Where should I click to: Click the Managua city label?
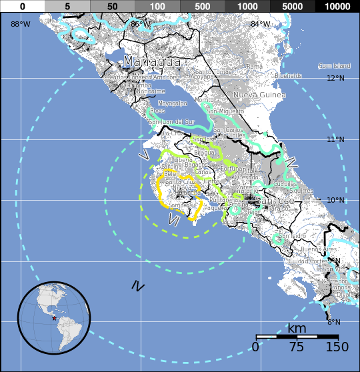pyautogui.click(x=152, y=62)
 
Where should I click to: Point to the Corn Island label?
pyautogui.click(x=334, y=66)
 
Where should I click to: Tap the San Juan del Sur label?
pyautogui.click(x=171, y=123)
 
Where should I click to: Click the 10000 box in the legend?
pyautogui.click(x=337, y=6)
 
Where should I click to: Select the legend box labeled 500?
pyautogui.click(x=202, y=6)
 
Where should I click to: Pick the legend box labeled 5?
pyautogui.click(x=67, y=6)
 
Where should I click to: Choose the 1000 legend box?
pyautogui.click(x=247, y=6)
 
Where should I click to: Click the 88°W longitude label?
pyautogui.click(x=20, y=24)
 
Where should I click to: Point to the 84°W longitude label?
pyautogui.click(x=261, y=24)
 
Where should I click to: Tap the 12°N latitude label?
pyautogui.click(x=336, y=78)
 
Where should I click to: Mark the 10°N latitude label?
pyautogui.click(x=336, y=200)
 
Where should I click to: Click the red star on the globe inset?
pyautogui.click(x=54, y=319)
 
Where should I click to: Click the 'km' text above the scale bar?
pyautogui.click(x=297, y=328)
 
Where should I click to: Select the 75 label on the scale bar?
pyautogui.click(x=297, y=347)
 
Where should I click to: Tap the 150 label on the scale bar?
pyautogui.click(x=337, y=347)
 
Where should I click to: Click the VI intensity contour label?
pyautogui.click(x=175, y=219)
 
